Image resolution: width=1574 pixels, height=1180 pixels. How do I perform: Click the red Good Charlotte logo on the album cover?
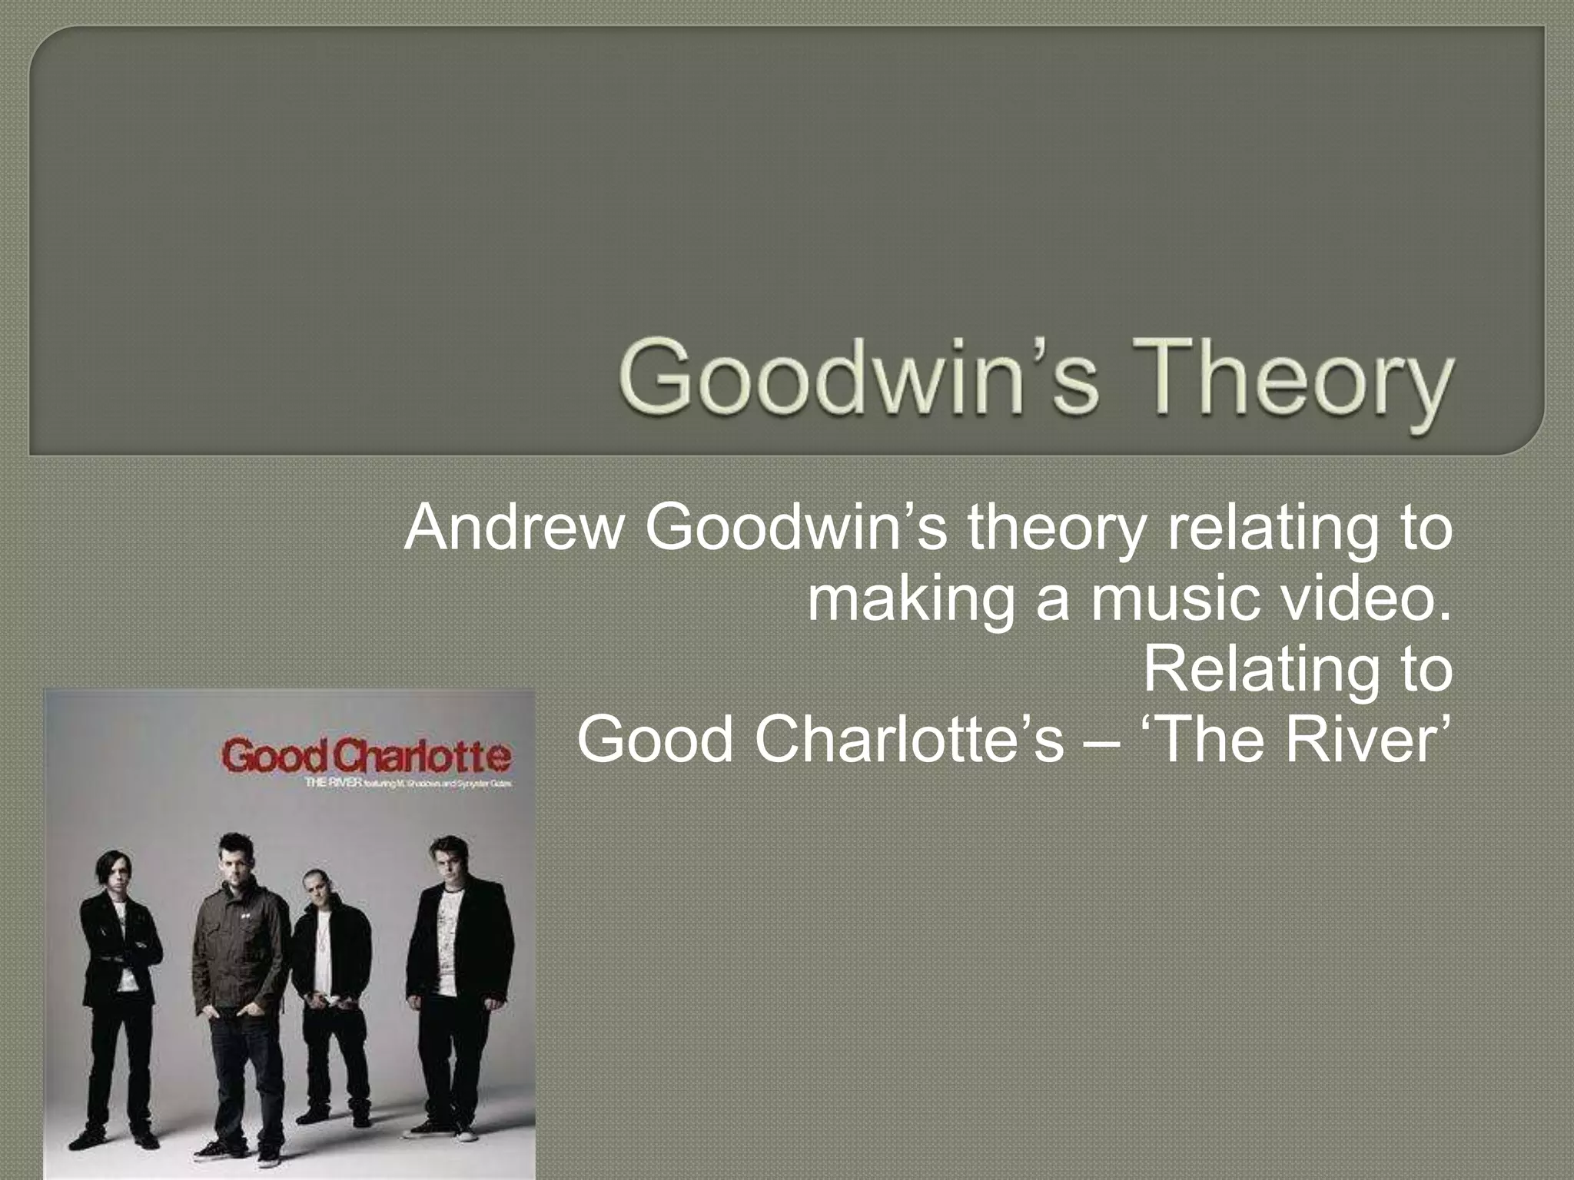coord(366,756)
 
